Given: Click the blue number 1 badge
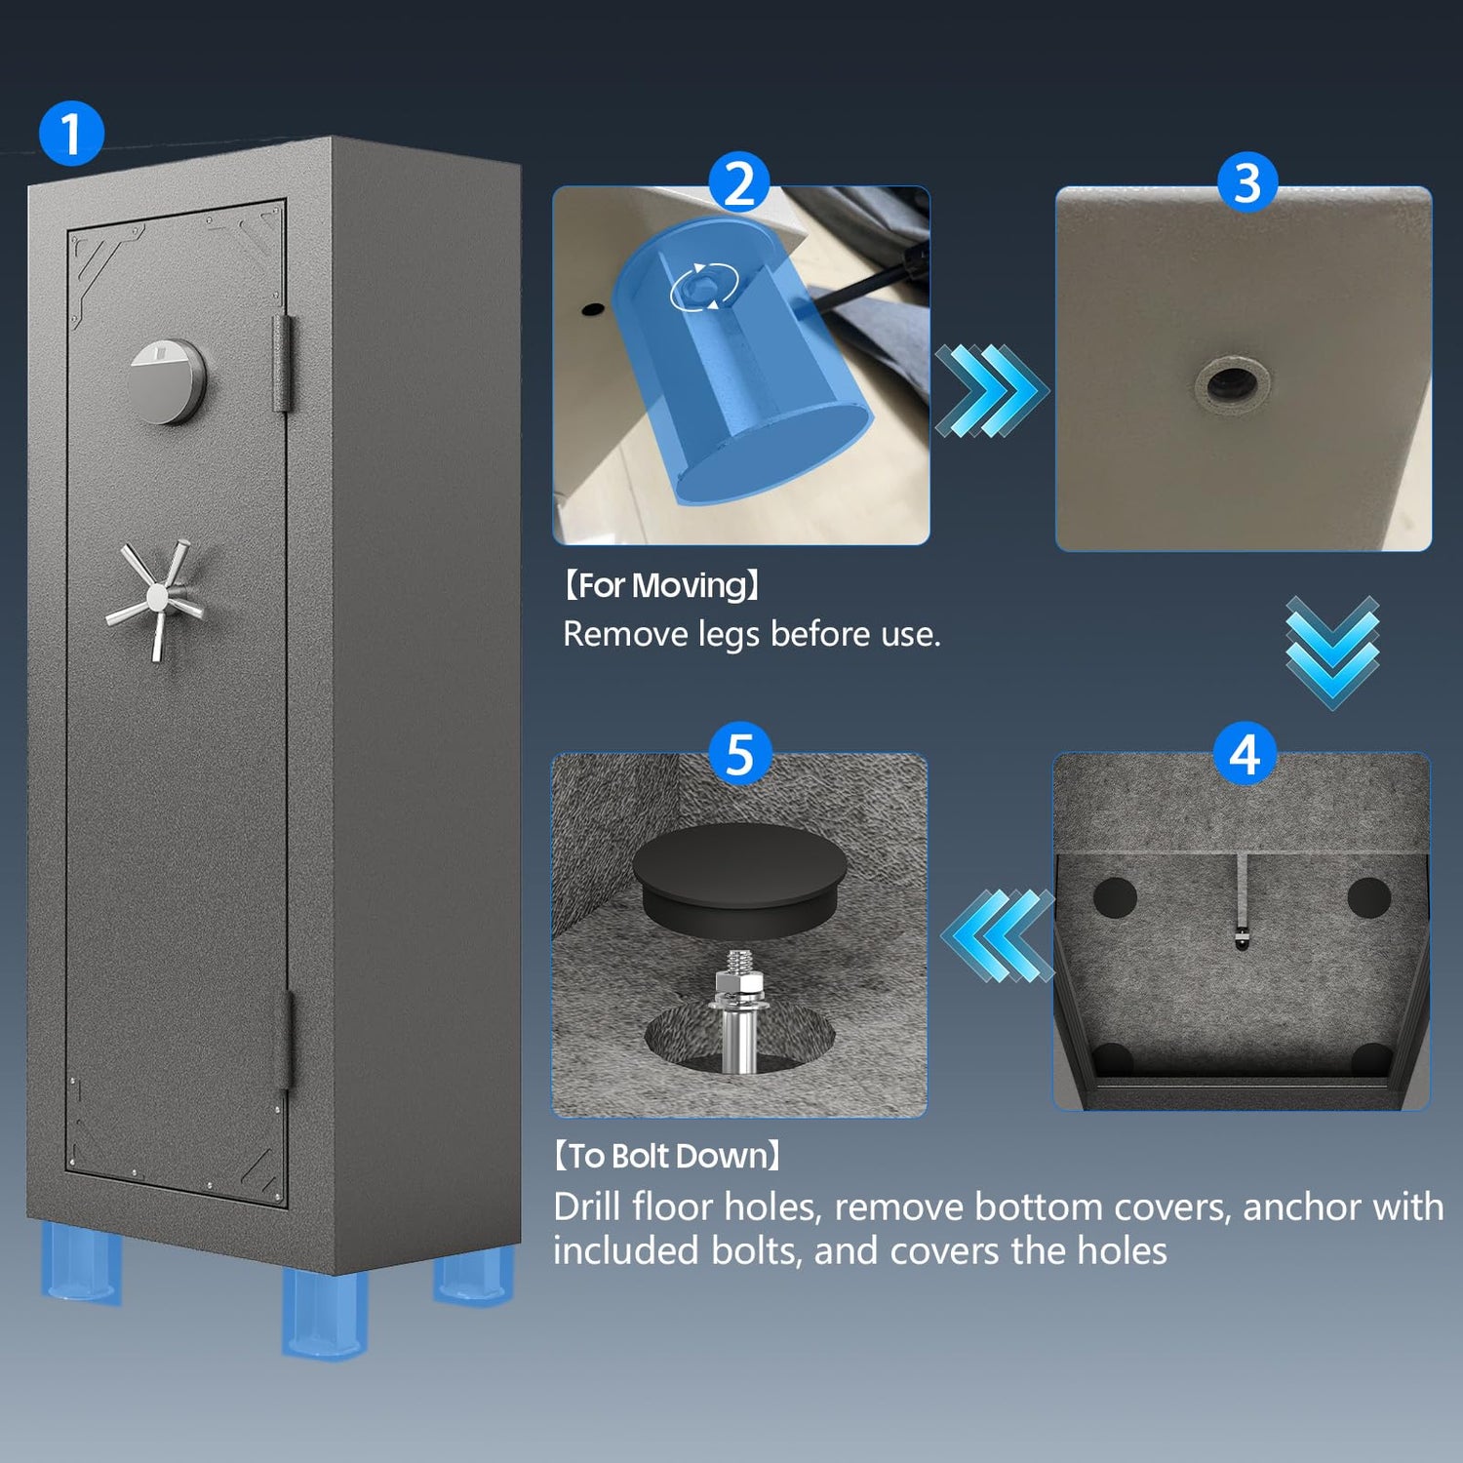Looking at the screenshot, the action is point(71,133).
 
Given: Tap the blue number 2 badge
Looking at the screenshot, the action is point(739,182).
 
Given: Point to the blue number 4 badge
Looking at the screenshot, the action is point(1245,755).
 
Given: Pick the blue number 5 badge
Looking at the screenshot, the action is point(740,754).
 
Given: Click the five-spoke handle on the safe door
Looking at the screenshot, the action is point(156,597).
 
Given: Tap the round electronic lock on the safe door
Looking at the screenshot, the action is point(167,380).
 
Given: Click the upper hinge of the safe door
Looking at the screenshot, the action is point(282,362).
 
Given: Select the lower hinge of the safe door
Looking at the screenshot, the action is point(283,1040).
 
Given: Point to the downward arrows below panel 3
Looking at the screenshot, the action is point(1332,652).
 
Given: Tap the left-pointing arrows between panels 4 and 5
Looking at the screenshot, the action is point(999,935).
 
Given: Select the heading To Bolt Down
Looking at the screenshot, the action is point(668,1156).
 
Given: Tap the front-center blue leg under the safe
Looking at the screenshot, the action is point(325,1312).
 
